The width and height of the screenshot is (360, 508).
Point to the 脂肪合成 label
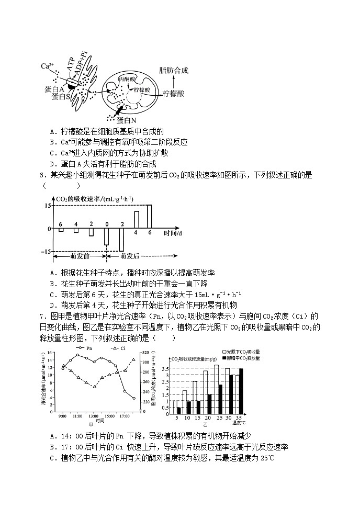(173, 70)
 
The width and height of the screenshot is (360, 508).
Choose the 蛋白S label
(61, 96)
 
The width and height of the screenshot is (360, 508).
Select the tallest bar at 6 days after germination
(149, 217)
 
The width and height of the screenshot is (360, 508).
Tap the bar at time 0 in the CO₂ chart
(106, 236)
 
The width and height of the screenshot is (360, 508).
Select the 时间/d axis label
(172, 233)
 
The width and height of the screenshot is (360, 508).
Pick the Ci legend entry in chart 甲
(119, 347)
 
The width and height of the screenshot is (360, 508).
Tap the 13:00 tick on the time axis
(94, 415)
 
